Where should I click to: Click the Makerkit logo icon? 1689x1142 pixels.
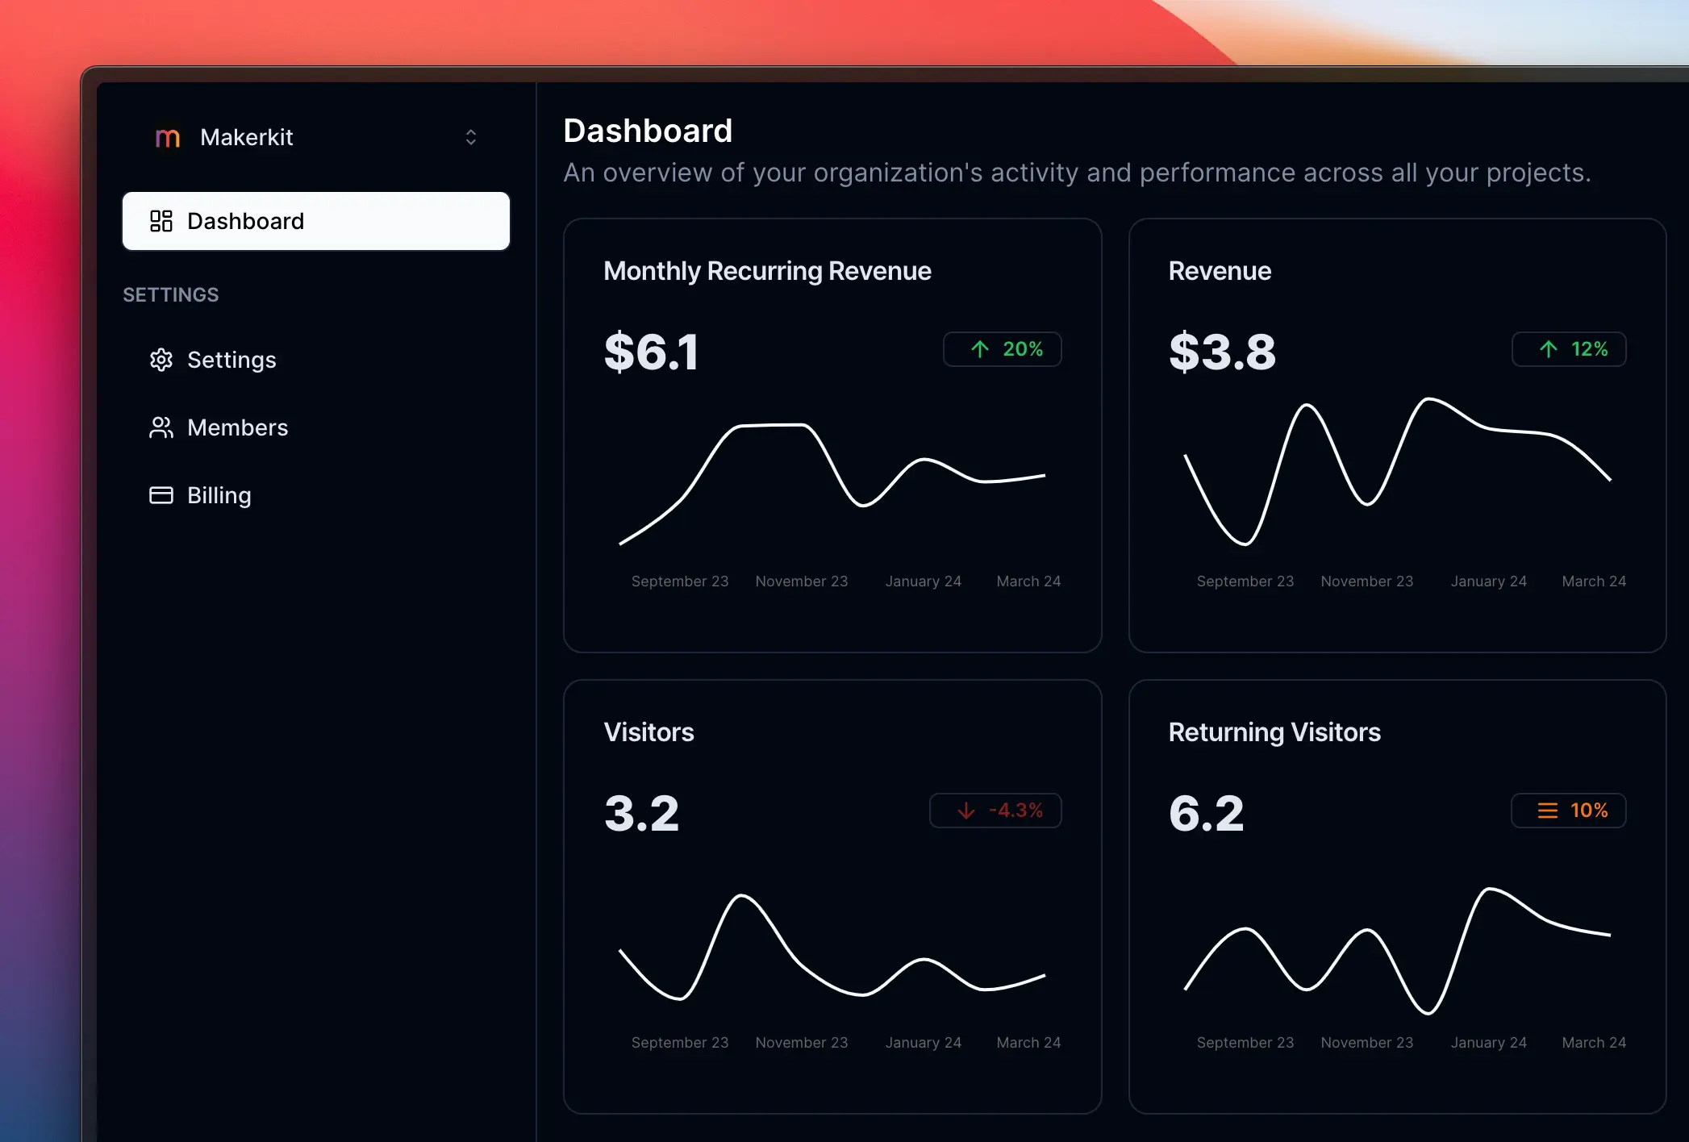[167, 138]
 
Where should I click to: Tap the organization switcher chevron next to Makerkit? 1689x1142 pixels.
[471, 137]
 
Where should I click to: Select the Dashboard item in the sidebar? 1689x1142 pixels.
[315, 221]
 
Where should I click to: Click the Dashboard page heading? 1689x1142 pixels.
[648, 131]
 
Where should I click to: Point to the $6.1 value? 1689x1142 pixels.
[651, 352]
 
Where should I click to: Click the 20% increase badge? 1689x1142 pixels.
[1002, 349]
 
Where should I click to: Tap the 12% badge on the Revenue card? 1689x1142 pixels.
[1568, 349]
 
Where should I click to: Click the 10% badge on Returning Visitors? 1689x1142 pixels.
[1568, 811]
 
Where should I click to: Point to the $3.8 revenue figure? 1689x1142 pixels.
[1222, 352]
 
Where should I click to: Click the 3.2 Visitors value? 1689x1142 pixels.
[641, 813]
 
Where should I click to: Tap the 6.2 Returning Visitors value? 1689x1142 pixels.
[1206, 813]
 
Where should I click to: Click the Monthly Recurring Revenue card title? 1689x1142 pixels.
[767, 271]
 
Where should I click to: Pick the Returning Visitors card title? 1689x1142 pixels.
[1274, 732]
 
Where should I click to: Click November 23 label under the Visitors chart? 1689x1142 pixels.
[801, 1043]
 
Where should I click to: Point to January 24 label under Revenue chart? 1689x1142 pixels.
[1488, 581]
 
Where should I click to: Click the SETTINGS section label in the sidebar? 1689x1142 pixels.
[170, 295]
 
